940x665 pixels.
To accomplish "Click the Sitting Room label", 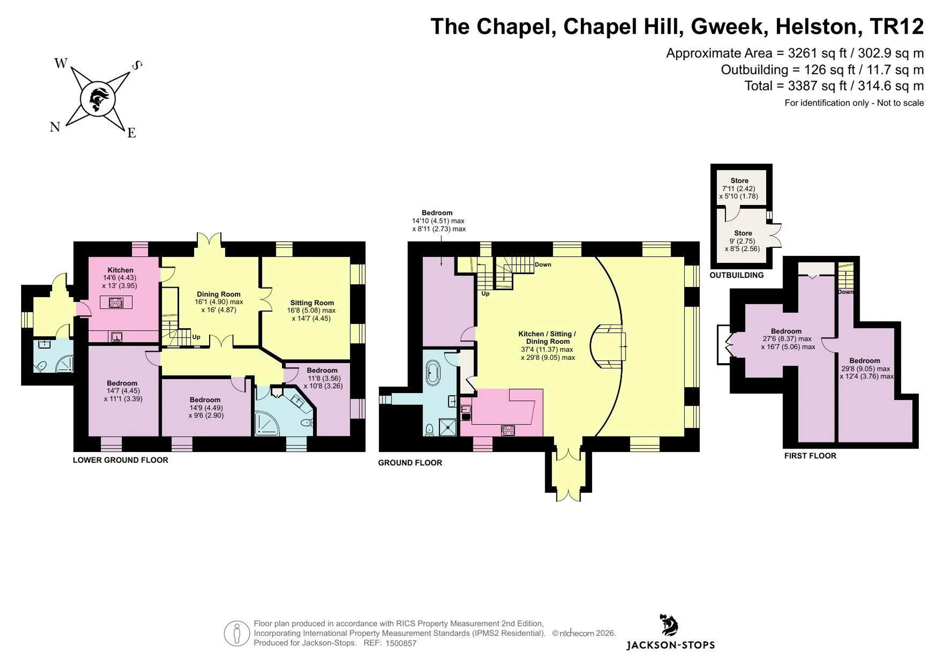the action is coord(312,303).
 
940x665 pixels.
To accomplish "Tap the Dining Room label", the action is coord(219,294).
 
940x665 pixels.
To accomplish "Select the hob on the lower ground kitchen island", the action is coord(116,302).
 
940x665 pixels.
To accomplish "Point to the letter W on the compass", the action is coord(61,63).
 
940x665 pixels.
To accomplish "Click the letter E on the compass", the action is coord(132,133).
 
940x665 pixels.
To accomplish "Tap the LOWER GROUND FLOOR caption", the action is coord(120,460).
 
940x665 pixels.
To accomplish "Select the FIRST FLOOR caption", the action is coord(810,456).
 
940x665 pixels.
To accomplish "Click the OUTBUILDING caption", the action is coord(736,275).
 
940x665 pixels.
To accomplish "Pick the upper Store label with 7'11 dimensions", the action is coord(739,181).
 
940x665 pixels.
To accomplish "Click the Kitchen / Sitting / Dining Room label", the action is coord(547,338).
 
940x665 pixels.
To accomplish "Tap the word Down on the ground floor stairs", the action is coord(543,264).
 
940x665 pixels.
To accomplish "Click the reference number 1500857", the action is coord(401,643).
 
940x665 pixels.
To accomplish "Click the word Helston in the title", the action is coord(819,26).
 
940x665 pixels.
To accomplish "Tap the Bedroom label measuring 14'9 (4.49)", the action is coord(205,400).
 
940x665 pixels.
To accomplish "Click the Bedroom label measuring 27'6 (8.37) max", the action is coord(786,331).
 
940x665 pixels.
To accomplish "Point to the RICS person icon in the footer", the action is coord(237,633).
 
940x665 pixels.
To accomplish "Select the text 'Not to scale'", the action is coord(901,103).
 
